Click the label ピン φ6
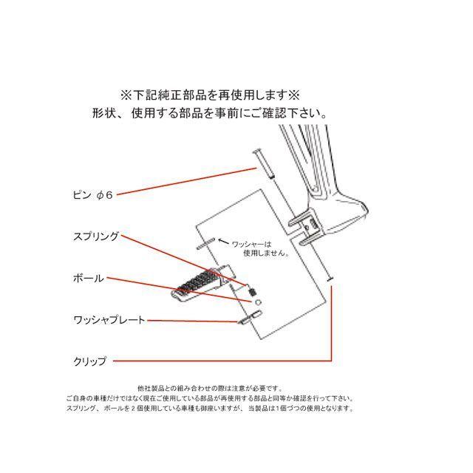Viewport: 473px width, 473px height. [92, 195]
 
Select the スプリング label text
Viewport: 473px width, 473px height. [96, 237]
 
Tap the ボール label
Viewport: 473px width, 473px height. [89, 279]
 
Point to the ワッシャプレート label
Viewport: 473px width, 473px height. [109, 320]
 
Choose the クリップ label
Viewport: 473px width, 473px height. [90, 361]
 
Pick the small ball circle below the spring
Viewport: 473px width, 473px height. [258, 302]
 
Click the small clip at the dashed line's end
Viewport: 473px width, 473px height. [330, 279]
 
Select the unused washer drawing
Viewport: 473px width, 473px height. [206, 242]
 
